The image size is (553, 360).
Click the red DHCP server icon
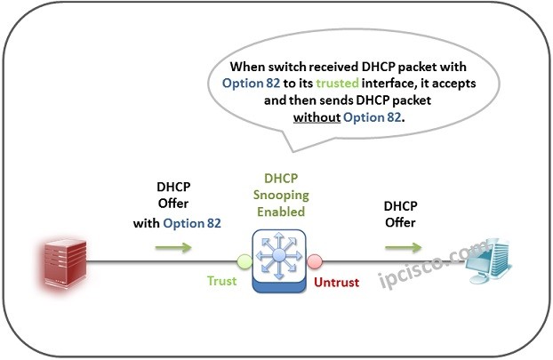(x=65, y=262)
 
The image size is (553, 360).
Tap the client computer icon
(x=489, y=261)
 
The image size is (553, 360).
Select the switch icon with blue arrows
(x=279, y=260)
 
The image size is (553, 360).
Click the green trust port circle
(x=244, y=261)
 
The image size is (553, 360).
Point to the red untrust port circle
(x=314, y=261)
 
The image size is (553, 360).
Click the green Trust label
(x=222, y=281)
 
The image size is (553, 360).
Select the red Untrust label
(x=336, y=282)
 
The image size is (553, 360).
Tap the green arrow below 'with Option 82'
(x=173, y=247)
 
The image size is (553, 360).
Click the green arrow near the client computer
(x=404, y=247)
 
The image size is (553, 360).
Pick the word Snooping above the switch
(x=281, y=195)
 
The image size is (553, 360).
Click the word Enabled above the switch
(x=281, y=212)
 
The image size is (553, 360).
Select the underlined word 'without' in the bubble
(x=317, y=117)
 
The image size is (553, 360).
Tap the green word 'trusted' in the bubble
(x=338, y=84)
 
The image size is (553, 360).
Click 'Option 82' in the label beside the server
(x=192, y=223)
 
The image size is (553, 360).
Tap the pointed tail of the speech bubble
(x=293, y=151)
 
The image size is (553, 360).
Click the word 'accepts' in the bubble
(x=454, y=84)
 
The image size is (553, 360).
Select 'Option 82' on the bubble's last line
(x=373, y=117)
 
